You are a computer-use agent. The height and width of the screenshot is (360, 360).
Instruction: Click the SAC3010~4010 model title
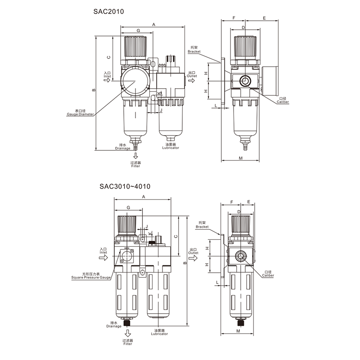(125, 185)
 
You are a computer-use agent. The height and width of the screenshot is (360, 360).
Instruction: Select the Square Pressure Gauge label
(91, 278)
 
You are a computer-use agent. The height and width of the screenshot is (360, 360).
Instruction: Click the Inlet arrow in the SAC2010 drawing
(107, 81)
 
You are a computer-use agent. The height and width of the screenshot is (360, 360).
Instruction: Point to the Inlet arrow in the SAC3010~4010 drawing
(103, 257)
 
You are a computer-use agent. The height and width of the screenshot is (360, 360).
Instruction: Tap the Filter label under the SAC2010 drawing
(135, 166)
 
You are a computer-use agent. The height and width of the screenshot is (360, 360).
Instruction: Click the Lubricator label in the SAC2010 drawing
(171, 148)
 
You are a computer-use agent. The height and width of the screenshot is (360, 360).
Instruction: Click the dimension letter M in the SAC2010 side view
(240, 158)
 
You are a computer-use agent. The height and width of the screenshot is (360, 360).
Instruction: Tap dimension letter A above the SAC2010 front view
(153, 24)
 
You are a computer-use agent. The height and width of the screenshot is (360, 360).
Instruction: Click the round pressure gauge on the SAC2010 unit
(135, 81)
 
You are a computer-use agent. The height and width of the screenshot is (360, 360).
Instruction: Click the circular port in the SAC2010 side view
(245, 81)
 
